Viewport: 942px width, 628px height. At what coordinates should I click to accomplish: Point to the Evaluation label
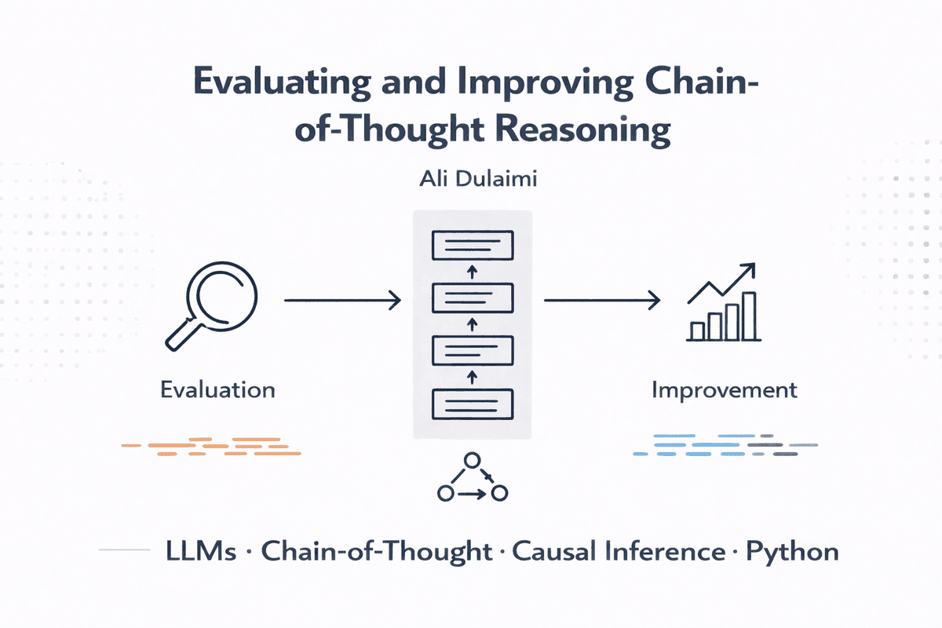point(217,389)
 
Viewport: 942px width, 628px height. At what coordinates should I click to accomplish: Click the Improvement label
point(724,389)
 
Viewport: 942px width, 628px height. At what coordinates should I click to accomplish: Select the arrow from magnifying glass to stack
point(341,299)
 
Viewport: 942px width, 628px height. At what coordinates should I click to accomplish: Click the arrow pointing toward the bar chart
point(601,299)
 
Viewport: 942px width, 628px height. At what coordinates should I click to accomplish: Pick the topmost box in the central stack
point(473,246)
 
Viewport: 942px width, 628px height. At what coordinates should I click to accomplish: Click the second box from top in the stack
point(473,298)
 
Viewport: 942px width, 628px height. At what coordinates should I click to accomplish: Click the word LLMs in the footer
point(202,551)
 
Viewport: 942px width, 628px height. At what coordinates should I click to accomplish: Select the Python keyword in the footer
point(791,551)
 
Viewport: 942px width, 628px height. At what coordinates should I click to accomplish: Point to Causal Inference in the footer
point(620,551)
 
